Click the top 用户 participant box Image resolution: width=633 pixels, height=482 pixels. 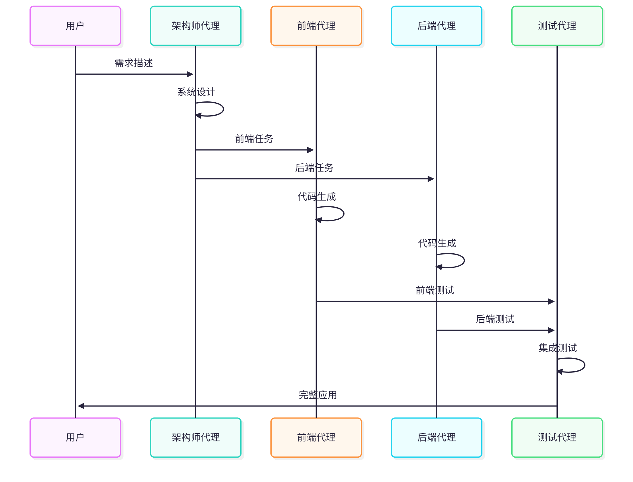(75, 26)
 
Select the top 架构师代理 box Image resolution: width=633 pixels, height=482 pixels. (195, 26)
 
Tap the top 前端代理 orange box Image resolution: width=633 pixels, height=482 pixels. (316, 26)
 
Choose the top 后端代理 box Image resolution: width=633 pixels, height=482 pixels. (436, 26)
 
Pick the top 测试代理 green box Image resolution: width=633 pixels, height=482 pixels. (557, 26)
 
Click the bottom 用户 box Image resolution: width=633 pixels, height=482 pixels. (75, 437)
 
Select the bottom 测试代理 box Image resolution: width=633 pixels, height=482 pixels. (557, 437)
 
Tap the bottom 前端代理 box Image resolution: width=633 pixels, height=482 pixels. (316, 437)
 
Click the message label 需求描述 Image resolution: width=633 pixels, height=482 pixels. (134, 63)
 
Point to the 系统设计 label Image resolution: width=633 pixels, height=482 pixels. (196, 92)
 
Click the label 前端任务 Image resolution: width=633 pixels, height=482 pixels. (254, 139)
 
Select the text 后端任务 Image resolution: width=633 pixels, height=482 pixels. (314, 168)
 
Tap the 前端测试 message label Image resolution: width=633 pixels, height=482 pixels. (435, 290)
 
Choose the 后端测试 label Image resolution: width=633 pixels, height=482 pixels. (495, 319)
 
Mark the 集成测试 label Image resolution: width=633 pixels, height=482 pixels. (557, 348)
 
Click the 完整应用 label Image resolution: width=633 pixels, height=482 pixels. (318, 395)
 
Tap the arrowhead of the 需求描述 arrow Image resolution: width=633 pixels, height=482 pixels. (190, 74)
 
